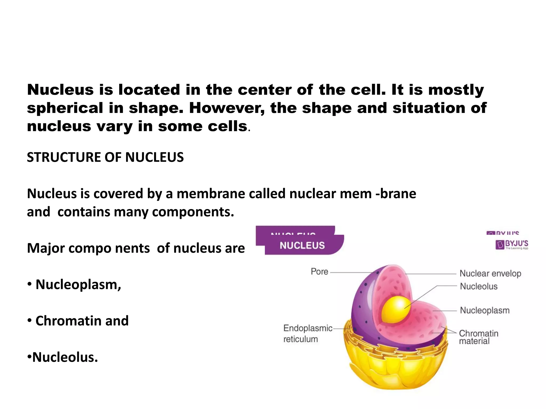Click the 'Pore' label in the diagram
(319, 272)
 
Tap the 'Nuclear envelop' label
(490, 273)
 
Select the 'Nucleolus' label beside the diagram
(479, 287)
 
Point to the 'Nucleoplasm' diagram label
(484, 310)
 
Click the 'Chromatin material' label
(478, 337)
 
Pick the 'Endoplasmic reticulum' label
(308, 334)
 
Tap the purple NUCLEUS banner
(302, 245)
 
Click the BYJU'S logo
(512, 244)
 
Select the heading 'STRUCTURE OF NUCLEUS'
(105, 157)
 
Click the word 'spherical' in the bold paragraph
(65, 108)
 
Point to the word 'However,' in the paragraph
(227, 108)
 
